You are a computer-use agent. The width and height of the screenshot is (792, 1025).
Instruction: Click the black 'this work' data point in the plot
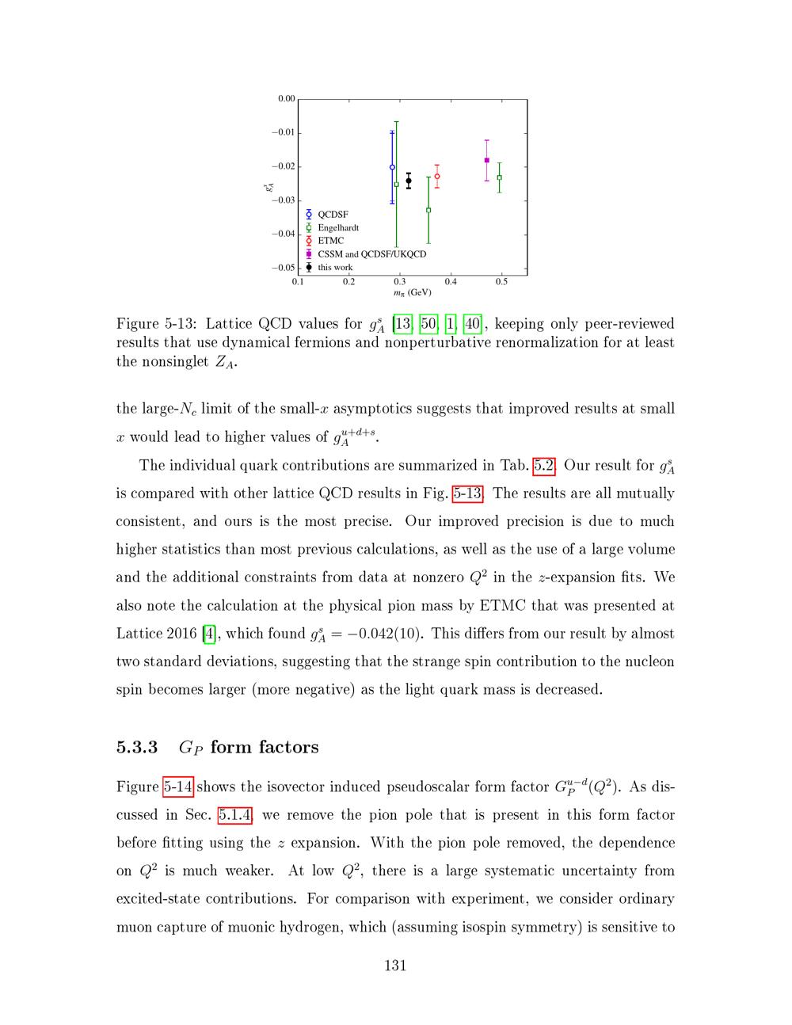(409, 181)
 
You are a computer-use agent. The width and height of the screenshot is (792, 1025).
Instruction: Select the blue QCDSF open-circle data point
(392, 167)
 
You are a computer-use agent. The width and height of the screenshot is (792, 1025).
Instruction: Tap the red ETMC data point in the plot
(437, 176)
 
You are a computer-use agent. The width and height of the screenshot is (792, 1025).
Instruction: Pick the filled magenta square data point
(486, 160)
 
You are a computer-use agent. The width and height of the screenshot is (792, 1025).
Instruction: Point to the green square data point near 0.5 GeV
(499, 177)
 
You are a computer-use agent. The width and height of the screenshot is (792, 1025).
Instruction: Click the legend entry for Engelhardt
(338, 227)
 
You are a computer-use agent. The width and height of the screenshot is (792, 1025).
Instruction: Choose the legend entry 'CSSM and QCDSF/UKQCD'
(371, 254)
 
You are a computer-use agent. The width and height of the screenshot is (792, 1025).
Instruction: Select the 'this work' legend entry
(335, 268)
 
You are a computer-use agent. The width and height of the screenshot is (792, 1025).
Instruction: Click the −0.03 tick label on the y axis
(284, 200)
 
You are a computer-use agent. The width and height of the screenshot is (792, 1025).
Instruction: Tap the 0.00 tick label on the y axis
(286, 99)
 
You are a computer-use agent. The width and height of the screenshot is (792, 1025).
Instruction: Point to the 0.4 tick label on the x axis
(451, 281)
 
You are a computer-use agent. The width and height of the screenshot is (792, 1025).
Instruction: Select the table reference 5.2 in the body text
(543, 465)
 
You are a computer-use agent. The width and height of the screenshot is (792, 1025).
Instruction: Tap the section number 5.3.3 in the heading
(137, 747)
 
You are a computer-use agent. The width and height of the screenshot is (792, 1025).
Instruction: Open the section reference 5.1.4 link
(235, 814)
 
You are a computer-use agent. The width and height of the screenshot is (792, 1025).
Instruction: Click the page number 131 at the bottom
(395, 965)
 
